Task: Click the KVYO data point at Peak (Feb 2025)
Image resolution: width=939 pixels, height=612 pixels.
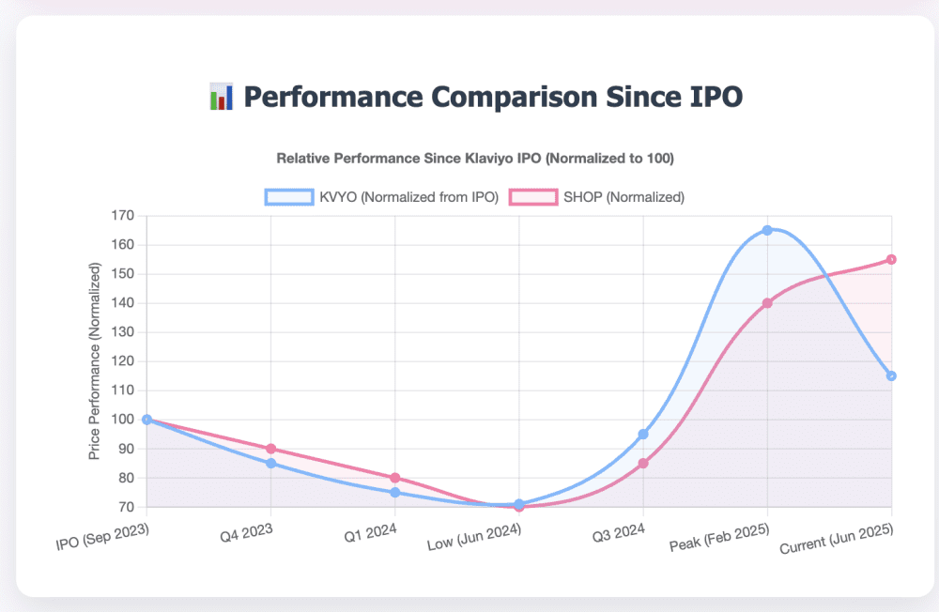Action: (767, 230)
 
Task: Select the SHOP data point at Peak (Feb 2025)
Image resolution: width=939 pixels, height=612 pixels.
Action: (767, 303)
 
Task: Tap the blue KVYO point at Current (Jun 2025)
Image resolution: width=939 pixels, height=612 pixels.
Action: (891, 375)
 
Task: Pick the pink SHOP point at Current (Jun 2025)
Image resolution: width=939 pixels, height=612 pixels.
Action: (891, 259)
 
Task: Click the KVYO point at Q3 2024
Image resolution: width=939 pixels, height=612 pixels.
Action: (643, 434)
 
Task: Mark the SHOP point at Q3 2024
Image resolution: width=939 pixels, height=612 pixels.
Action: (643, 463)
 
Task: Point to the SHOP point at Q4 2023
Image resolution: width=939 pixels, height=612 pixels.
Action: (271, 449)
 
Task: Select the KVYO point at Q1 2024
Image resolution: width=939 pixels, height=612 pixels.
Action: (395, 492)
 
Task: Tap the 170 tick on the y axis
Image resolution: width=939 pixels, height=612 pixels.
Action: (122, 216)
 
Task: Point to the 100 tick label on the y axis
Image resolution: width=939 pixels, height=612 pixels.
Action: (122, 420)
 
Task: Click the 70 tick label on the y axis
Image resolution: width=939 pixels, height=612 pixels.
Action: (126, 507)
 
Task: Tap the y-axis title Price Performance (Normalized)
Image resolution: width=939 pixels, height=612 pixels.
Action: (94, 361)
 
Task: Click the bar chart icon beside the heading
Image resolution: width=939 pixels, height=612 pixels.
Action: (221, 97)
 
